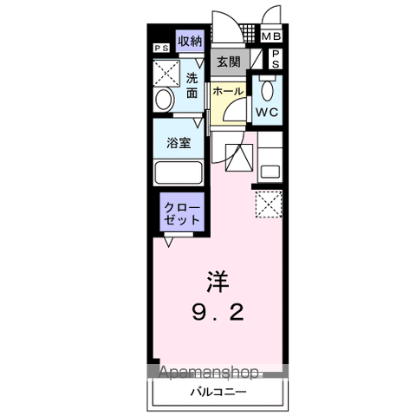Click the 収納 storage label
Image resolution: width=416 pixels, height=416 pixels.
191,41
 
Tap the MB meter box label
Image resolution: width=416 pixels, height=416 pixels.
271,36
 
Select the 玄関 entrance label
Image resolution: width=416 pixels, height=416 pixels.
229,62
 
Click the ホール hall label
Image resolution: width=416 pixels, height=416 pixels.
228,90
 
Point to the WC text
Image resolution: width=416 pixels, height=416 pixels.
265,112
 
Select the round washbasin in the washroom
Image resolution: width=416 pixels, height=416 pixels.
164,100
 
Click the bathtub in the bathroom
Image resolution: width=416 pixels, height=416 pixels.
179,172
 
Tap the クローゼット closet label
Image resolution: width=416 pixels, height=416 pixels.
183,213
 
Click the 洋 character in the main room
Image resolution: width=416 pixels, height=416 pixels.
218,282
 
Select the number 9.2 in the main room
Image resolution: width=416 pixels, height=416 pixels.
219,312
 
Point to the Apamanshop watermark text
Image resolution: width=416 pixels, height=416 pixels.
208,374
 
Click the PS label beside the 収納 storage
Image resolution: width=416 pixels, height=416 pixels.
161,49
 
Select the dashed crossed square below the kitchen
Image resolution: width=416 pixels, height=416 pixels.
268,205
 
